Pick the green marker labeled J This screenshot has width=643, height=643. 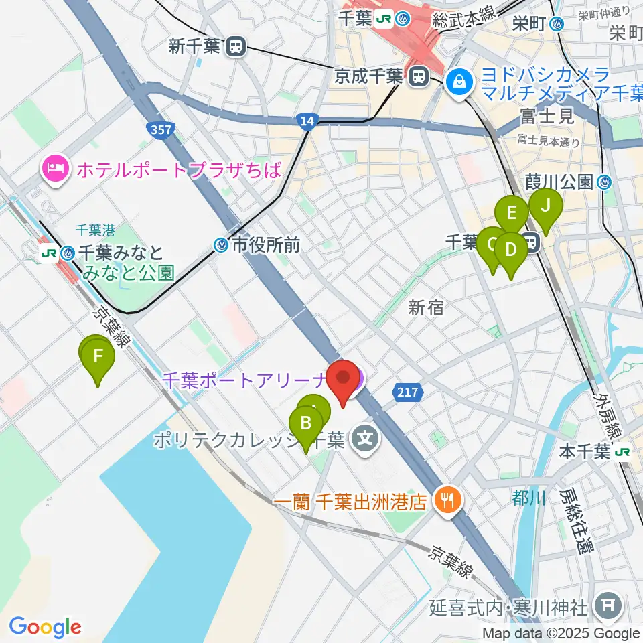[x=545, y=207]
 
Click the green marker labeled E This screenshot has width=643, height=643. [x=512, y=215]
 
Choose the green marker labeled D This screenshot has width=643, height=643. [x=511, y=251]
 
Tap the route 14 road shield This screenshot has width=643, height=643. [x=305, y=120]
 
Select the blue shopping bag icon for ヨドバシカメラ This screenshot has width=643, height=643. [x=460, y=82]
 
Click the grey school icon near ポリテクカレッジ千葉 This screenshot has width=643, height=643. [x=366, y=440]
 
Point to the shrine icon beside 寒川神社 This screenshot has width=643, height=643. [x=610, y=607]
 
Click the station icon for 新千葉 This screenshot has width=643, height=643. [x=236, y=46]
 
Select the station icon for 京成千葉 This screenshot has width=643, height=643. [x=418, y=76]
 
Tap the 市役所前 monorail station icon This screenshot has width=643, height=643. [x=222, y=246]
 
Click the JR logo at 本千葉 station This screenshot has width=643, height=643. [x=622, y=452]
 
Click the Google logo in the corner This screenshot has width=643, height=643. [x=46, y=627]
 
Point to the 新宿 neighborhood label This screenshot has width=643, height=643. [x=426, y=307]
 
